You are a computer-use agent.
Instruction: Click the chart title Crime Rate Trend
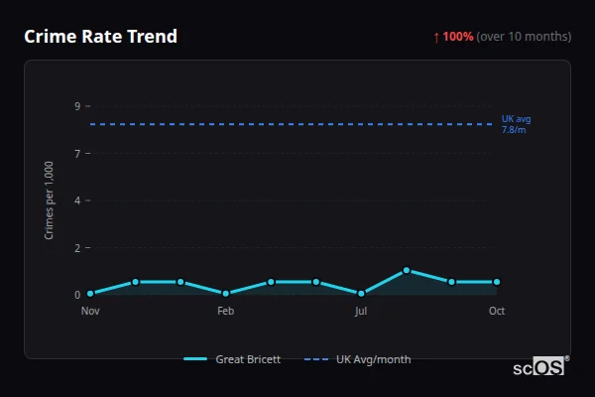(x=100, y=37)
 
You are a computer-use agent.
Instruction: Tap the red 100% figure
(x=458, y=37)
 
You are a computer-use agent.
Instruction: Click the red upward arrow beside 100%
(x=436, y=37)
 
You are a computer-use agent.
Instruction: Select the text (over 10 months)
(x=524, y=37)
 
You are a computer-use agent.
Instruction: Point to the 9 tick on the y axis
(x=77, y=106)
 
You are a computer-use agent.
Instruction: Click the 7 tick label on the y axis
(x=77, y=153)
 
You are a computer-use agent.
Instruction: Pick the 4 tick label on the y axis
(x=77, y=200)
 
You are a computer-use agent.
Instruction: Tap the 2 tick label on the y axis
(x=77, y=247)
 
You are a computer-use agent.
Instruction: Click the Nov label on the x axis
(x=90, y=311)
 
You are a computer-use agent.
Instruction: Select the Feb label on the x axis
(x=226, y=311)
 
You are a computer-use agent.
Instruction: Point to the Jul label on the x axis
(x=361, y=311)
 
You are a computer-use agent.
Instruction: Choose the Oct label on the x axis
(x=497, y=311)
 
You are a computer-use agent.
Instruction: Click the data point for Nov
(x=90, y=294)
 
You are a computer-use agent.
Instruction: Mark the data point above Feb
(x=226, y=294)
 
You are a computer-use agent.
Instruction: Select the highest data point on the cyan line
(x=407, y=270)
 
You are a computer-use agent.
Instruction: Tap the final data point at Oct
(x=497, y=282)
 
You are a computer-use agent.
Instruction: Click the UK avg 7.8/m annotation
(x=516, y=124)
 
